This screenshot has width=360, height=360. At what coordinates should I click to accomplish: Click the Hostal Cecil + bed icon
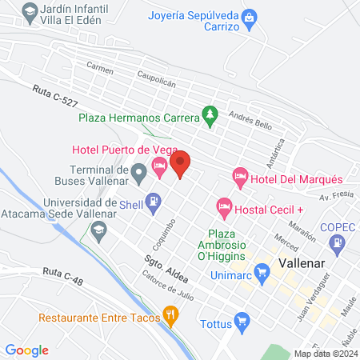point(224,207)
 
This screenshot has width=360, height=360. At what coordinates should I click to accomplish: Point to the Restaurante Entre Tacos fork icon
point(170,315)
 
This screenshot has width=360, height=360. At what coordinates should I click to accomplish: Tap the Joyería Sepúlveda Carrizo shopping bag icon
point(250,16)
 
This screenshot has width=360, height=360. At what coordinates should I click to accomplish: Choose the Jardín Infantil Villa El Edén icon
point(30,11)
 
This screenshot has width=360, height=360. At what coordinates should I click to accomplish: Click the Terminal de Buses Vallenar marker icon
point(138,170)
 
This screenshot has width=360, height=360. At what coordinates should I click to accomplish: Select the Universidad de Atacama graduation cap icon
point(98,232)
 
